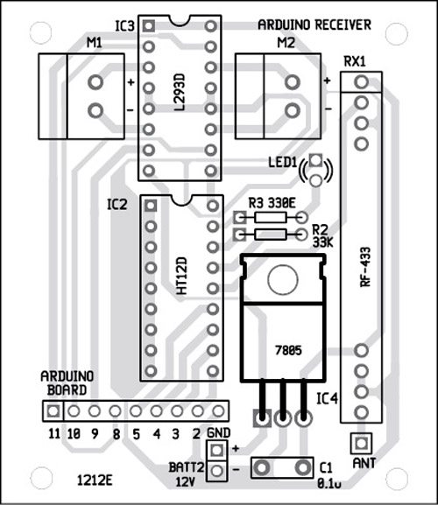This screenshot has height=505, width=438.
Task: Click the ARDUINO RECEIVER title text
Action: (314, 25)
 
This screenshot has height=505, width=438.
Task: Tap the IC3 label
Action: (124, 26)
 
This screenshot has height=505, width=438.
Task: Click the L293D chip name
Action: (180, 93)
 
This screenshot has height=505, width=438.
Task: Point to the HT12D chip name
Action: (182, 276)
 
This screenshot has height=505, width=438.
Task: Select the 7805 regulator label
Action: (288, 350)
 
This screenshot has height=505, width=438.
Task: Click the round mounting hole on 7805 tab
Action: (283, 279)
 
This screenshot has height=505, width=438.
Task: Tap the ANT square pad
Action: (361, 444)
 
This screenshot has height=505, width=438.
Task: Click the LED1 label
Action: (283, 162)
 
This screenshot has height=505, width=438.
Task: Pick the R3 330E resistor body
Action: (270, 218)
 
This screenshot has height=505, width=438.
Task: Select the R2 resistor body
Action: (270, 235)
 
